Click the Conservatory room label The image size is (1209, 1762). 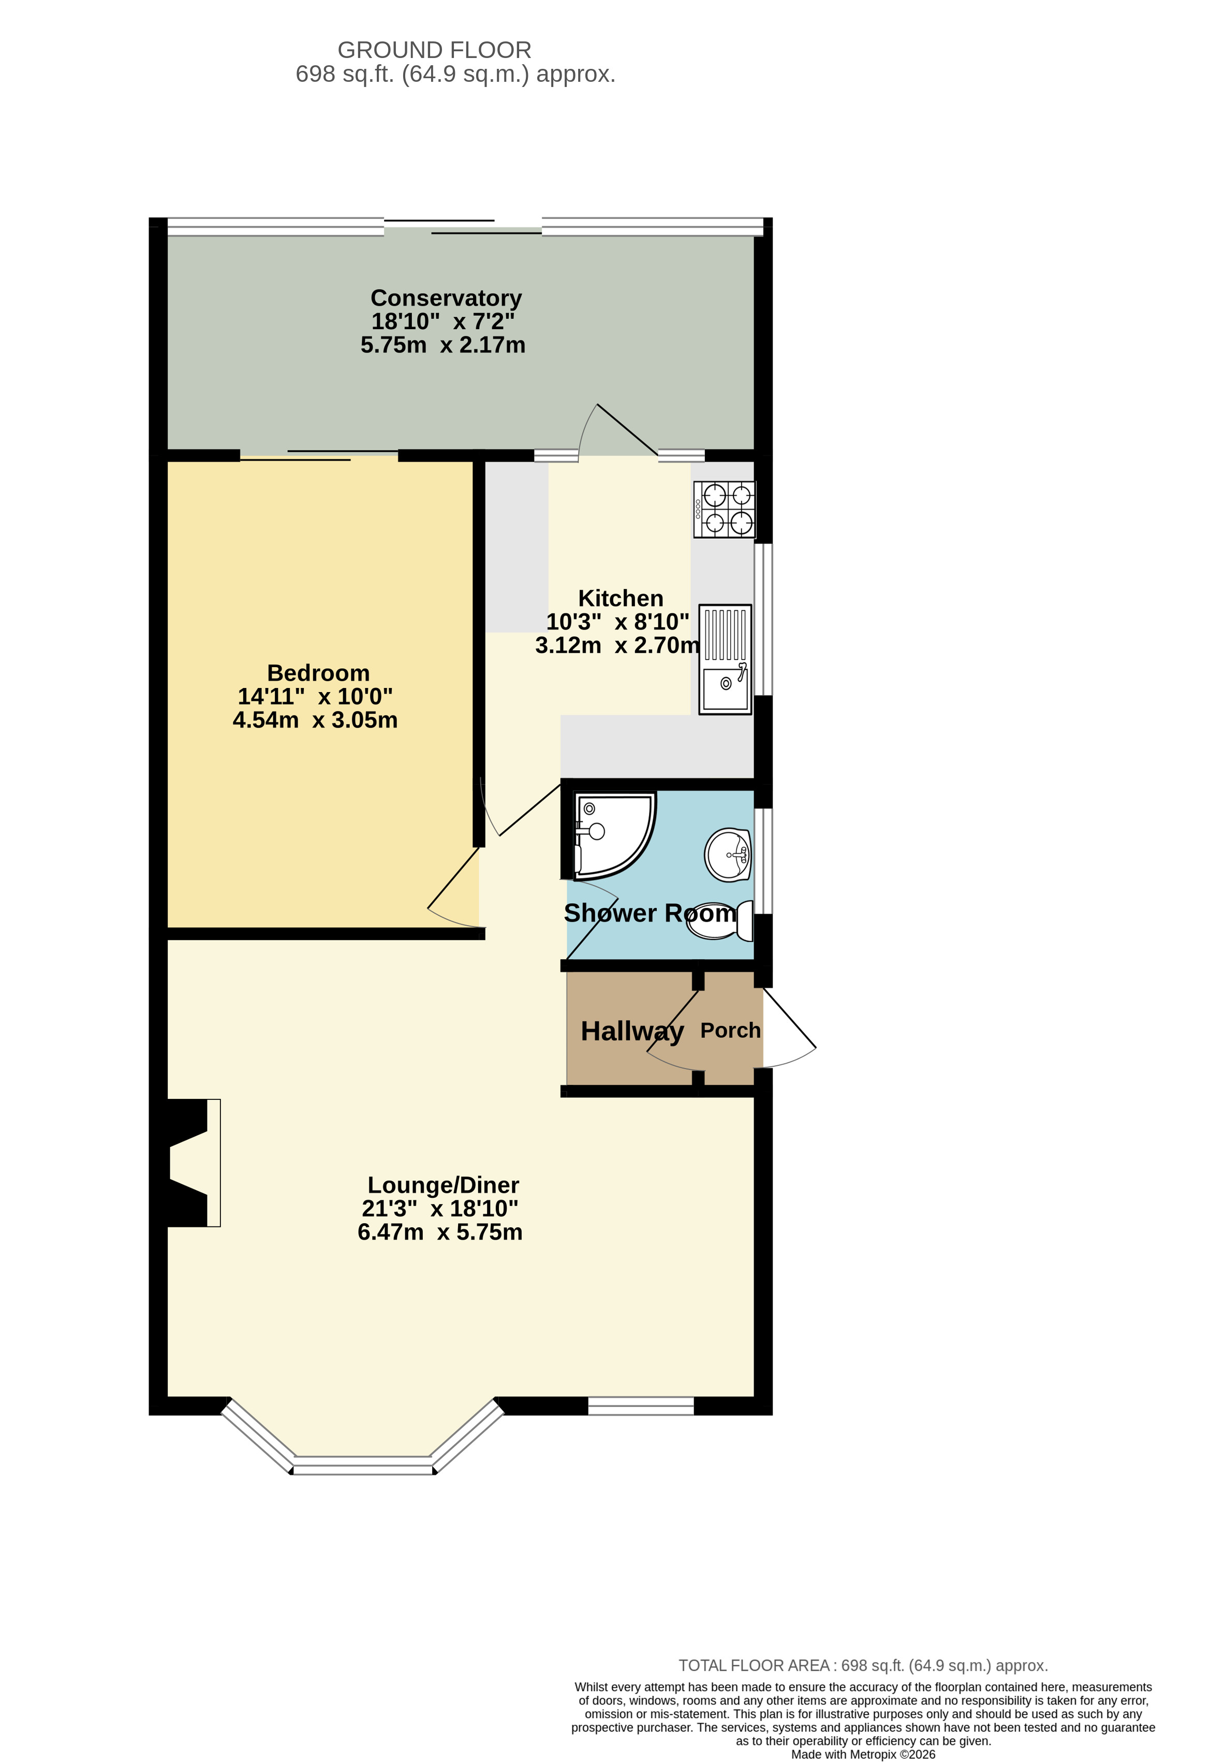pos(446,298)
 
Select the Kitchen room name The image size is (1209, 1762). pos(620,598)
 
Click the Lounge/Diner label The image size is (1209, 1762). pos(443,1185)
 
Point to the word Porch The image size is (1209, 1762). pos(730,1031)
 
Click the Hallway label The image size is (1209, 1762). pos(632,1031)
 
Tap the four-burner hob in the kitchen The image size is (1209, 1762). pos(724,509)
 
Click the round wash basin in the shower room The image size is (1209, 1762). pos(728,855)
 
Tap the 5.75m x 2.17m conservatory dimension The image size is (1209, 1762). pos(443,345)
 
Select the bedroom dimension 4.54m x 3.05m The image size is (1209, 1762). pos(315,720)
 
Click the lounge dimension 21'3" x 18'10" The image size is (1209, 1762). pos(439,1209)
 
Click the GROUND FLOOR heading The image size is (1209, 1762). pos(434,50)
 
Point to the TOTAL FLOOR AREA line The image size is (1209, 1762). pos(863,1666)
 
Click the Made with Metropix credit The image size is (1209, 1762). pos(863,1754)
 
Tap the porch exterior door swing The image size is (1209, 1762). pos(788,1028)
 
